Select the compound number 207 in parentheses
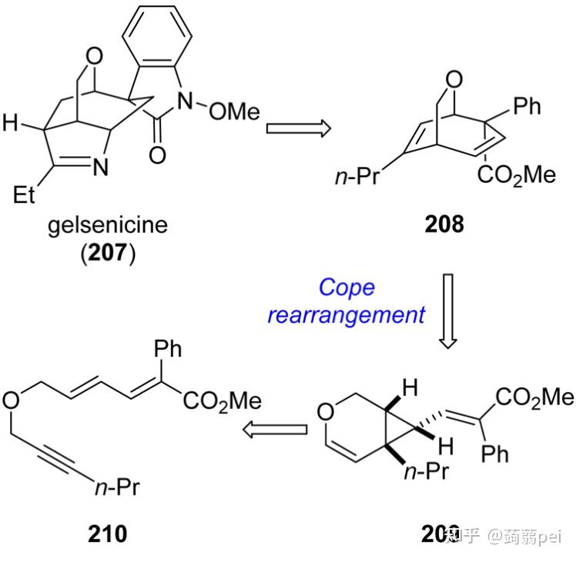108,253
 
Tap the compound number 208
444,226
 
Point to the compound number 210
108,532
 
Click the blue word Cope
347,288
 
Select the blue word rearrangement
347,314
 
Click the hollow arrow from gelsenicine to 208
298,127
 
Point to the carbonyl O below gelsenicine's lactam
157,155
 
